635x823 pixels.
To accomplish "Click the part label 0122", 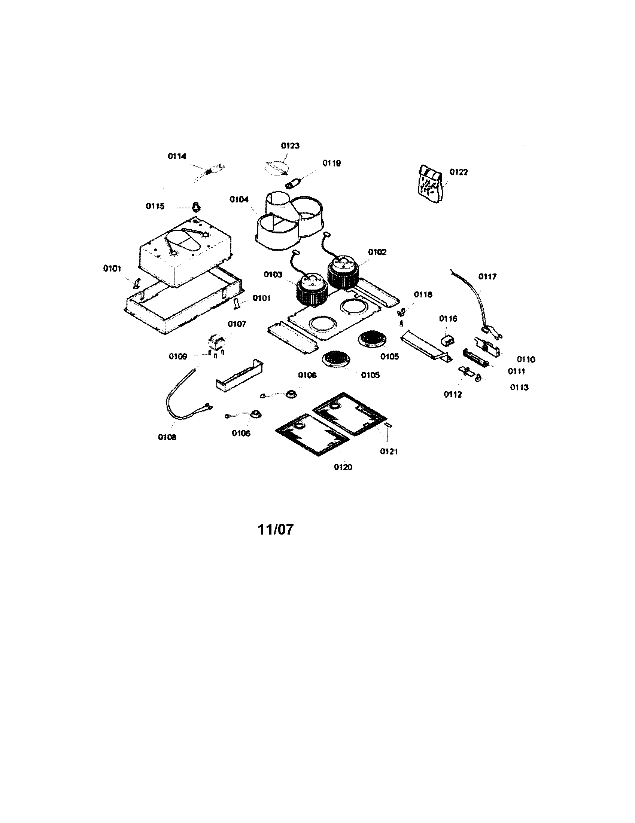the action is (458, 172).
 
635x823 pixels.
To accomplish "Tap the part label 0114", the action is (177, 156).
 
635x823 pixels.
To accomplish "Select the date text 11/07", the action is (275, 529).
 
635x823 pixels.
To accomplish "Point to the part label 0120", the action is (343, 467).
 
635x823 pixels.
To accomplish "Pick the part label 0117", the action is (487, 276).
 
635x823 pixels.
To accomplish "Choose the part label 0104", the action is (239, 200).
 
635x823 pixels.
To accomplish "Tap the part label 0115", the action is (155, 206).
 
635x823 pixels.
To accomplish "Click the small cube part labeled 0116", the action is (447, 340).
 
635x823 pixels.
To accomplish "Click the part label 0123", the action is (290, 146).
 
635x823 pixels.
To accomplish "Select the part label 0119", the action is (331, 163).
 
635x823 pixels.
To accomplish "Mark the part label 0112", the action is (453, 394).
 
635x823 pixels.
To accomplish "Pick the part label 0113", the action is (519, 388).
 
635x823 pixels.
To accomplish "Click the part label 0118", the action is (423, 295).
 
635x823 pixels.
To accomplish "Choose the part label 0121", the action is (389, 452).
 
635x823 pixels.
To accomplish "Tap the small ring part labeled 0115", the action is (196, 206).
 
